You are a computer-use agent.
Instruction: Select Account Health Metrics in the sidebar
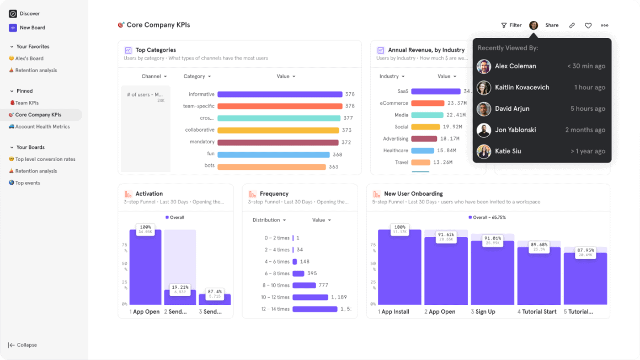tap(42, 127)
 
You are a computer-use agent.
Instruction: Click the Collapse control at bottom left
tap(23, 345)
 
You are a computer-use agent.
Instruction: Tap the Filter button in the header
tap(511, 25)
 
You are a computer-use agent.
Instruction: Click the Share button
tap(552, 25)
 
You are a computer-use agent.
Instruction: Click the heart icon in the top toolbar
tap(588, 25)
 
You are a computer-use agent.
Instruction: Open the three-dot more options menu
tap(605, 25)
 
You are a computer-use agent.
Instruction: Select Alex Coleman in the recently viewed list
tap(515, 66)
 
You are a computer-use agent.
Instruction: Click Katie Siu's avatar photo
tap(484, 151)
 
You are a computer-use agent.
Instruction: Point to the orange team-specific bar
tap(280, 106)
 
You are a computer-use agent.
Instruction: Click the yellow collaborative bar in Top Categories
tap(278, 130)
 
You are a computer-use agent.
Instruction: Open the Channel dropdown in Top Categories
tap(154, 77)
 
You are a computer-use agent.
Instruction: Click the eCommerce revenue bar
tap(428, 103)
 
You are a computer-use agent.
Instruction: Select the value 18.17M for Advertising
tap(450, 139)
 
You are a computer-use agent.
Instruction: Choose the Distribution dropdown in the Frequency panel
tap(269, 220)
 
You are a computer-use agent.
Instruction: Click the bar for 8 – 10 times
tap(304, 286)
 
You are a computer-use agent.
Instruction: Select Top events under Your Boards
tap(28, 183)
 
